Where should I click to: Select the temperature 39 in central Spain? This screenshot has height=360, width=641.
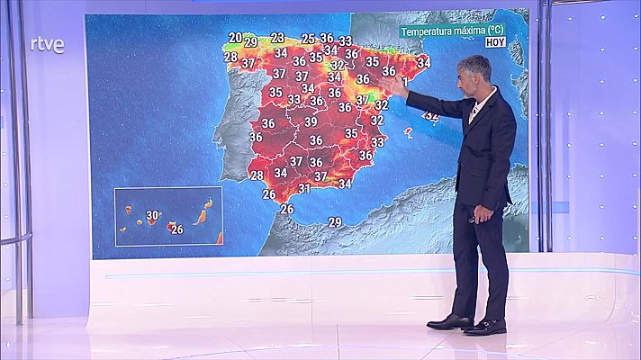pos(311,121)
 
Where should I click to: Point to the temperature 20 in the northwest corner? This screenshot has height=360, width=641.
pos(235,38)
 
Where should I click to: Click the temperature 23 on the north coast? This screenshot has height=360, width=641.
pos(277,38)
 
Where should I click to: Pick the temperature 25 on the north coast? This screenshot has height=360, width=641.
pos(308,39)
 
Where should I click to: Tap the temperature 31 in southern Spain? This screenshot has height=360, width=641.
pos(304,188)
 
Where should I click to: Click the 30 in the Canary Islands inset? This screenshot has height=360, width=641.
pos(153,215)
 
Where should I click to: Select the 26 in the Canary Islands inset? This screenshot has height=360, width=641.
pos(176,229)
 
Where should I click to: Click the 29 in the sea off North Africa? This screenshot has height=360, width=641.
pos(335,221)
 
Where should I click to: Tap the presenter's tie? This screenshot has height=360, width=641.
pos(473,112)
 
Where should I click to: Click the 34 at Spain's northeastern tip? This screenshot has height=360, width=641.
pos(423,62)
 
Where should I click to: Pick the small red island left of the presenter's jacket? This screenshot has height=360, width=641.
pos(408,132)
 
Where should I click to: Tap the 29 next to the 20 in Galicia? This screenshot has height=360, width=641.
pos(251,42)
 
